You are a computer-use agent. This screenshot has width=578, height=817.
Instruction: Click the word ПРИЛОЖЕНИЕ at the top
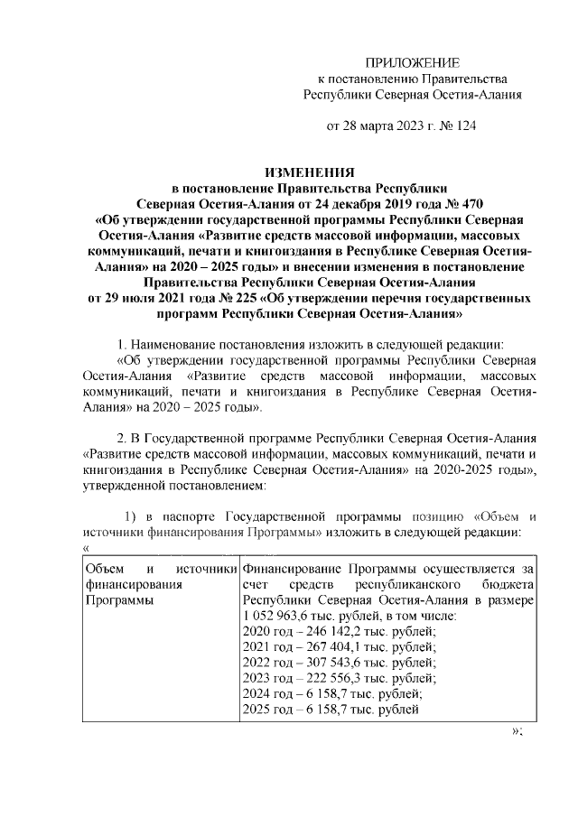pos(412,62)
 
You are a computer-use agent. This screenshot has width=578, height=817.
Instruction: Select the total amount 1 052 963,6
pos(275,616)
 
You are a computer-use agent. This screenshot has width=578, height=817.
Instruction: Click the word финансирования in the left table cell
pos(132,584)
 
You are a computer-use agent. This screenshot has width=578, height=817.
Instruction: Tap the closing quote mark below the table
pos(517,731)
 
